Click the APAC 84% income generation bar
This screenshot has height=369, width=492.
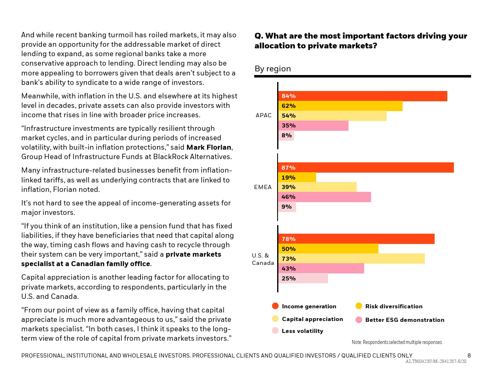pos(362,96)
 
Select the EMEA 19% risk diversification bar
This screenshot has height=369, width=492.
pos(297,178)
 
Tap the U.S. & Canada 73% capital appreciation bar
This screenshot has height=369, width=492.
pos(351,259)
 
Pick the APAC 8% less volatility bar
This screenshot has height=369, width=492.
pos(286,136)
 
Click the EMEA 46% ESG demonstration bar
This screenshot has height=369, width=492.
pos(324,197)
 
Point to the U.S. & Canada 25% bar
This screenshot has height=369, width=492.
pos(303,278)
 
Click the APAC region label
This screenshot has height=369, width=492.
pos(264,116)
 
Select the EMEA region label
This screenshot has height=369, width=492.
pos(263,187)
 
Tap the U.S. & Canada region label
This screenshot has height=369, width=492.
pos(263,259)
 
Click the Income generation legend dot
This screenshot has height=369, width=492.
pos(275,306)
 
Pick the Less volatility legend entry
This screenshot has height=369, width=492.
pos(302,331)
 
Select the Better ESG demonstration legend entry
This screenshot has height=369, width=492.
pos(404,320)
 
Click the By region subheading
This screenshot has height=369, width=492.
pos(273,69)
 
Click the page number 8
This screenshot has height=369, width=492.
pos(469,355)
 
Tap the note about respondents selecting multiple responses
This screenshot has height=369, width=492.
pos(397,342)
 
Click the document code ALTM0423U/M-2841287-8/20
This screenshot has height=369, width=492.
pos(436,362)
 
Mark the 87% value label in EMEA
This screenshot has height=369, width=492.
pos(289,168)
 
